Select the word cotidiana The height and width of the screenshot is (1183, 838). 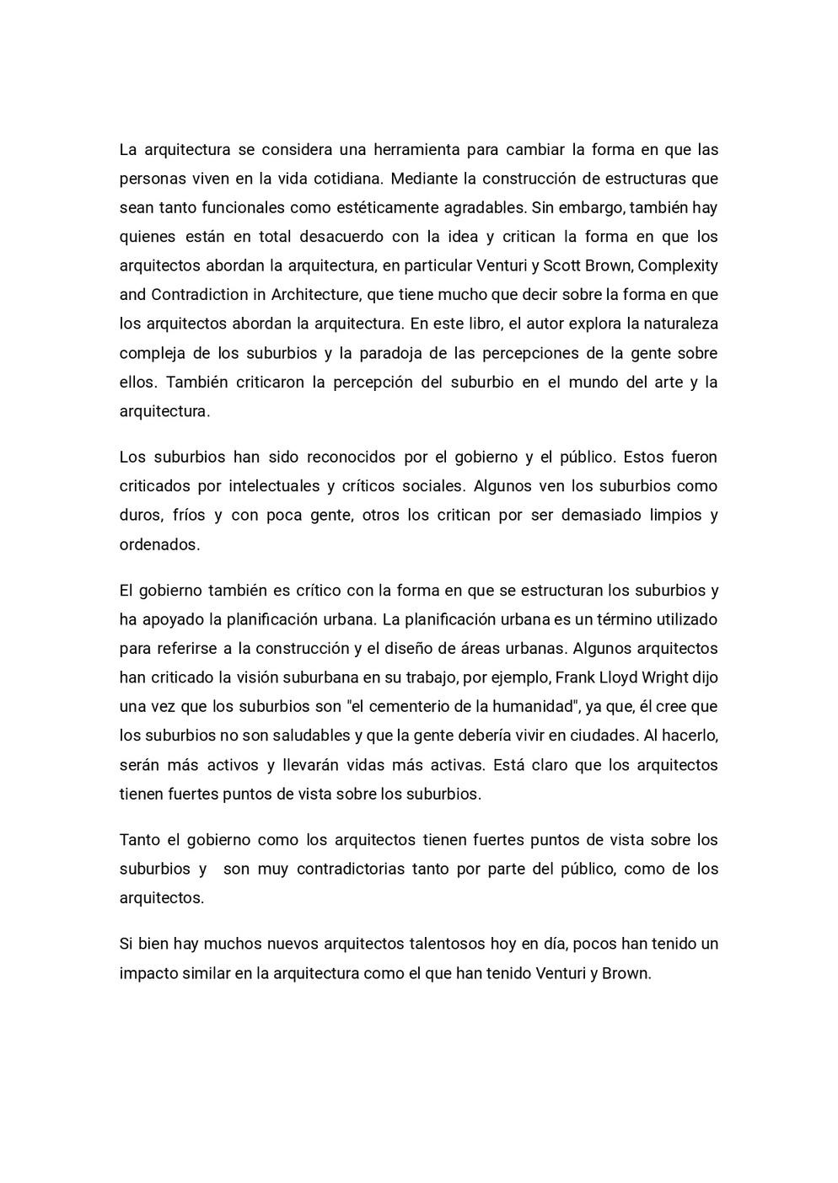click(348, 179)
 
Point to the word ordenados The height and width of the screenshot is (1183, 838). click(159, 544)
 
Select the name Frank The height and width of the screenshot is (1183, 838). click(576, 677)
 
